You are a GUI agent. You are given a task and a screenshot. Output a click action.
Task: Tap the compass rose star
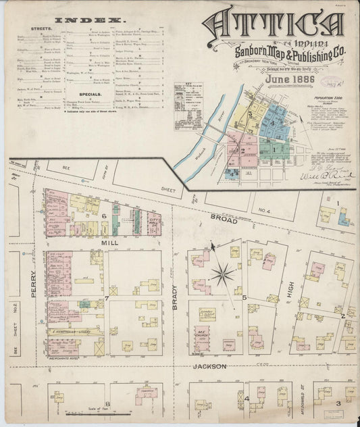pyautogui.click(x=222, y=274)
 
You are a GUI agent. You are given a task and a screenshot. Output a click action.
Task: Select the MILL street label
pyautogui.click(x=110, y=241)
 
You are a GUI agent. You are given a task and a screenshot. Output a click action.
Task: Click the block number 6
pyautogui.click(x=105, y=216)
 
